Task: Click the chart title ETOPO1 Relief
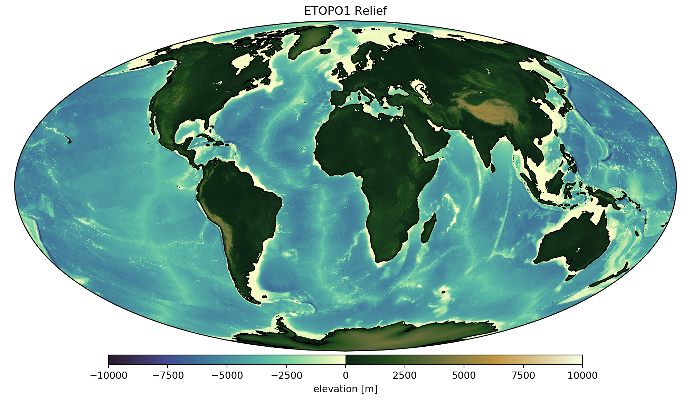345,11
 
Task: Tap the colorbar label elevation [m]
345,389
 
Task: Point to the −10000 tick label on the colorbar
108,376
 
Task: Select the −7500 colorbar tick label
168,376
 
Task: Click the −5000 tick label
227,376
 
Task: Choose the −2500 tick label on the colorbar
286,376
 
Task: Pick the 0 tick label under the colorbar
345,376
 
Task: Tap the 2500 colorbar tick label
405,376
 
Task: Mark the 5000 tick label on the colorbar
464,376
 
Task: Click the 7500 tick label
523,376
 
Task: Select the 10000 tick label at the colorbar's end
583,376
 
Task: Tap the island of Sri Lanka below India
493,168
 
